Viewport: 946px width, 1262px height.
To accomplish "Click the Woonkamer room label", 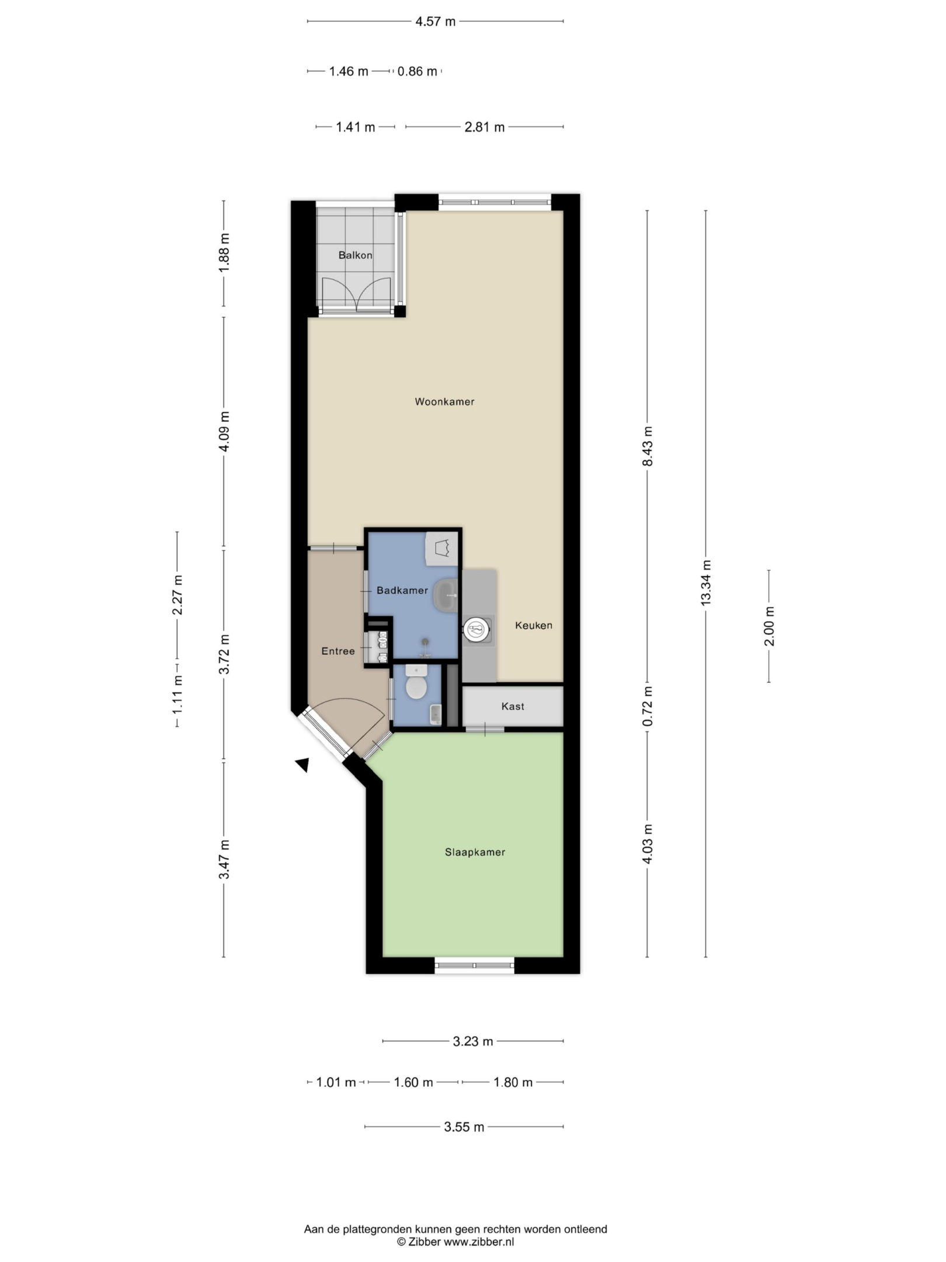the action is [x=444, y=401].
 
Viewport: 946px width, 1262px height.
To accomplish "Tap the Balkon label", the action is [x=355, y=255].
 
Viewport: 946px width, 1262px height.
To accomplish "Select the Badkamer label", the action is [x=402, y=590].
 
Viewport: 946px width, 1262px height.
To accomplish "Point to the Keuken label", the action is [x=533, y=625].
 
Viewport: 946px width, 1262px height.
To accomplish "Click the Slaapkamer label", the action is [x=475, y=852].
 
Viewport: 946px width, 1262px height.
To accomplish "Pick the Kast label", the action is [x=513, y=706].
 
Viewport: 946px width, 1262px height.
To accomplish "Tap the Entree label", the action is [x=338, y=651].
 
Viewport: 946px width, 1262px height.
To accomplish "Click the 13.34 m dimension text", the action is [x=706, y=583].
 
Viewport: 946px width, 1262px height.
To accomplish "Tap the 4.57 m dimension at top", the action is [x=435, y=22].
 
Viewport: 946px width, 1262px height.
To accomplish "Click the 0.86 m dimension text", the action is [x=418, y=71].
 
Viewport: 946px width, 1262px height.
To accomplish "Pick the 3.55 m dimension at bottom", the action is [x=464, y=1127].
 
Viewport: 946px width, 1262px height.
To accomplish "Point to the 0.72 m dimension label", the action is [x=647, y=706].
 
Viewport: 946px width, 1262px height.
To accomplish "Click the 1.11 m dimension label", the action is [x=177, y=694].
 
